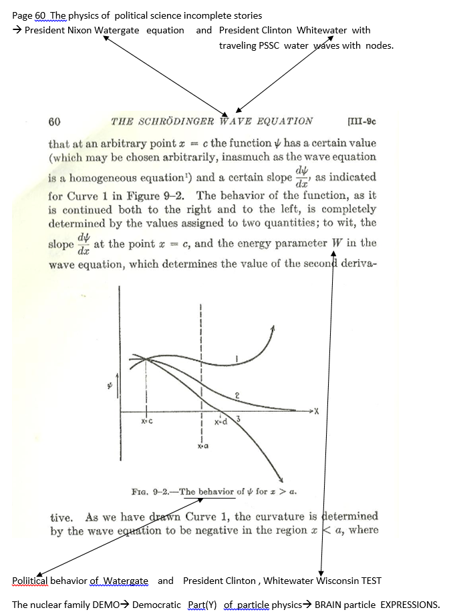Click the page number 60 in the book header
(x=55, y=121)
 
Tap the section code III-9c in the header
(x=363, y=121)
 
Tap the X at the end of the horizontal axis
(x=317, y=411)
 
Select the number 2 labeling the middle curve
(x=237, y=397)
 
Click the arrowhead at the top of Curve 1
(x=273, y=326)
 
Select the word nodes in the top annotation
(x=378, y=45)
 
